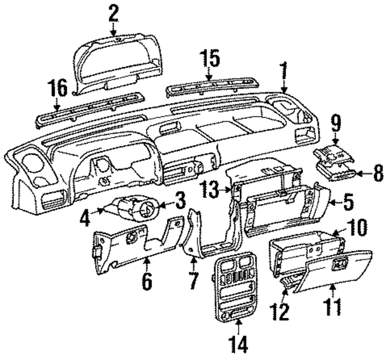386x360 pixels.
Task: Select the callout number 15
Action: click(208, 59)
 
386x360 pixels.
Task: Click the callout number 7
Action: click(193, 281)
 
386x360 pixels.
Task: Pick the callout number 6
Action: click(147, 281)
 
